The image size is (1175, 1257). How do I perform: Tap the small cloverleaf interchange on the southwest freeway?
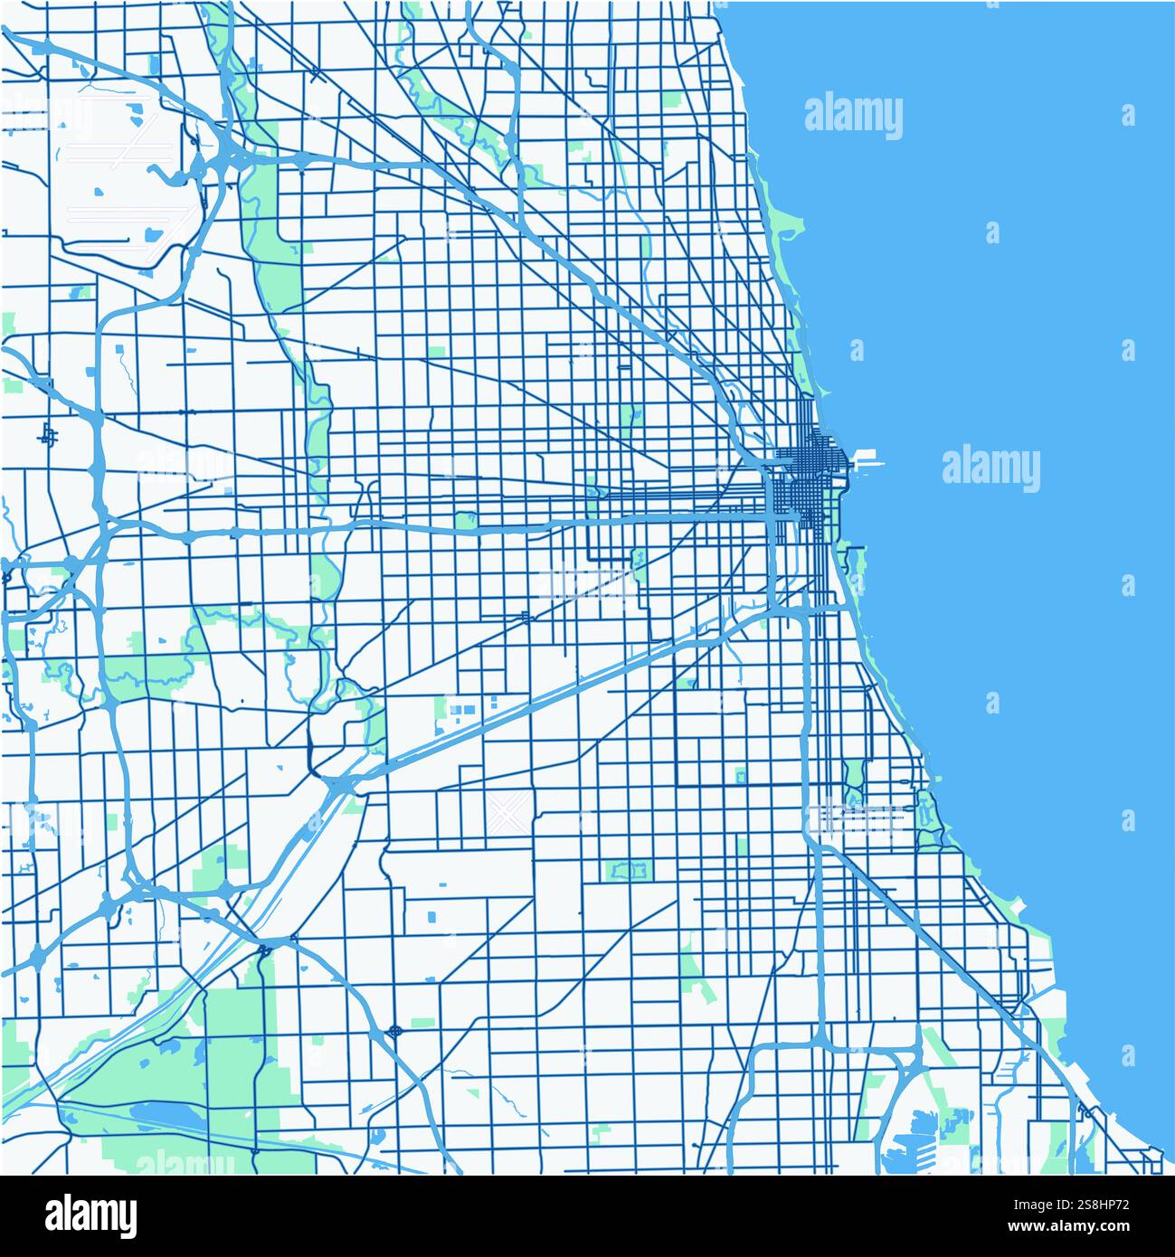395,1030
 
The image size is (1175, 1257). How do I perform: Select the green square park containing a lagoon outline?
628,870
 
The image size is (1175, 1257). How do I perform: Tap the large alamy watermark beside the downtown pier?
991,468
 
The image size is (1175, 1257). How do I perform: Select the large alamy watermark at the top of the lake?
853,116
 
